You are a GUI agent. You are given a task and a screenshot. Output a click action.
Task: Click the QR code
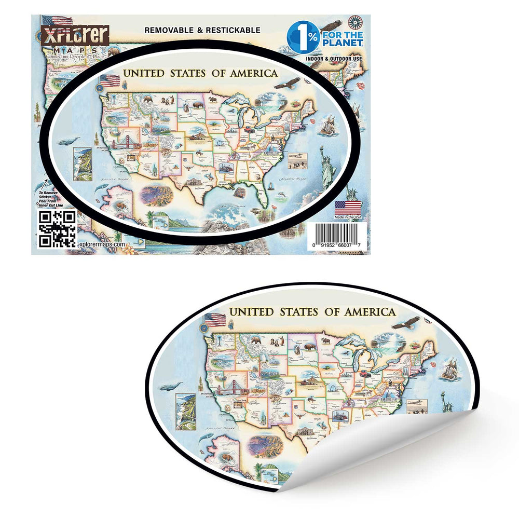coord(58,229)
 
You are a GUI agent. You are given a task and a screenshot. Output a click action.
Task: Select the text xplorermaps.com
coord(101,244)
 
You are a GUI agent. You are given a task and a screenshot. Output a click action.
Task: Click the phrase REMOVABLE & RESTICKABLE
coord(202,30)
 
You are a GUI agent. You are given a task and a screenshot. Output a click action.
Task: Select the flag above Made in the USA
coord(348,207)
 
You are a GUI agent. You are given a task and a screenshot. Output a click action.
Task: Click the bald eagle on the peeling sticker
coord(405,323)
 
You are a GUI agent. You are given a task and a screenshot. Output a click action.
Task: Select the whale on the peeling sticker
coord(171,387)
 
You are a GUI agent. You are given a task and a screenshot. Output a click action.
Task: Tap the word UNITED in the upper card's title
coord(142,73)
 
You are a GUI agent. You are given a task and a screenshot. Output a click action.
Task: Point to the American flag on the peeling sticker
coord(214,319)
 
